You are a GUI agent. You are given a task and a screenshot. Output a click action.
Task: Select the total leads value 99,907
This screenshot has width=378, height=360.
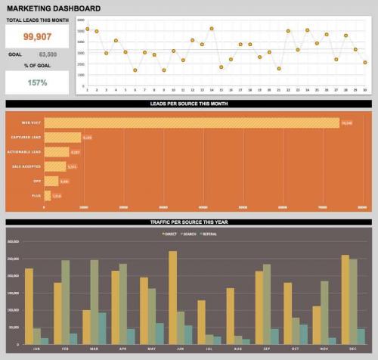pyautogui.click(x=36, y=36)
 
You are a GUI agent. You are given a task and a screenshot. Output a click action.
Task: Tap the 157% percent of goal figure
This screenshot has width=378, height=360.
pyautogui.click(x=36, y=83)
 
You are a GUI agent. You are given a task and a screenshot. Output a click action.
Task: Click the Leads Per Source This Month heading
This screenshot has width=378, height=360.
pyautogui.click(x=189, y=103)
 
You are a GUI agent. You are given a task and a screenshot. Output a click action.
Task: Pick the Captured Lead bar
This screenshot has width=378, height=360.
pyautogui.click(x=63, y=137)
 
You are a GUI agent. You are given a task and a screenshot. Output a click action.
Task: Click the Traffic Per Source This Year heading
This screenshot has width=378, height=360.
pyautogui.click(x=189, y=222)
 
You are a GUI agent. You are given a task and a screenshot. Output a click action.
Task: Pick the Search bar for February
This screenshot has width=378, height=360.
pyautogui.click(x=65, y=303)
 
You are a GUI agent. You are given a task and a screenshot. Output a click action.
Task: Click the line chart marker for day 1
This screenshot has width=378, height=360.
pyautogui.click(x=88, y=29)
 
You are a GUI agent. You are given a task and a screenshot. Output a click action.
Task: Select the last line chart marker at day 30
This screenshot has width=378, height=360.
pyautogui.click(x=365, y=62)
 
